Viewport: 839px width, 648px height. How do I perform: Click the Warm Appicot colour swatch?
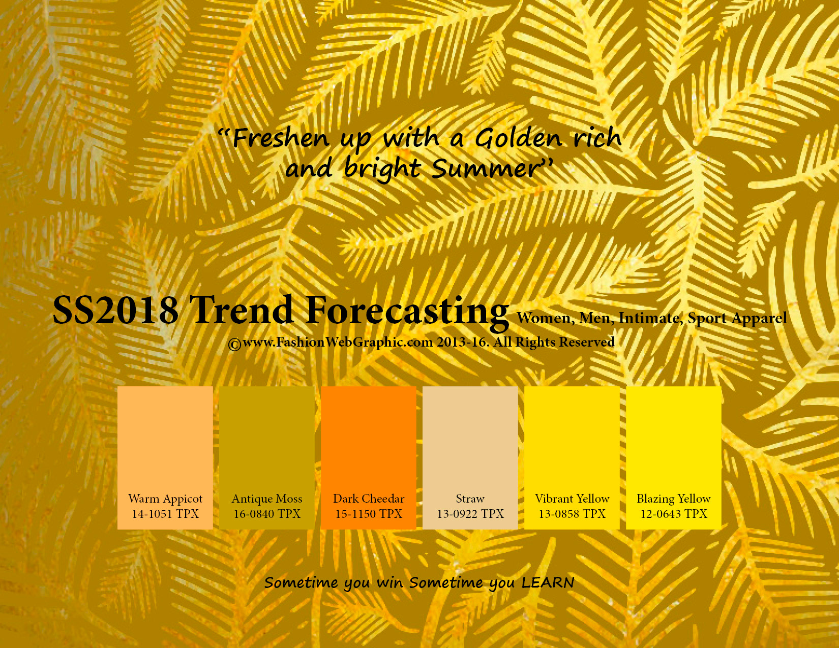point(165,458)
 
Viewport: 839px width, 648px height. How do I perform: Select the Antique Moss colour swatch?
point(267,458)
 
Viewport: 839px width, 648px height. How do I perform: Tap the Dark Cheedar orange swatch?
point(368,458)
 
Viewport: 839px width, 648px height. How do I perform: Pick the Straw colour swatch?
point(470,458)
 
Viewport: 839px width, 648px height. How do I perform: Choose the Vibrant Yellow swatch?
point(572,458)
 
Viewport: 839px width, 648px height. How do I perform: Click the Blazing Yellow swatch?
point(674,458)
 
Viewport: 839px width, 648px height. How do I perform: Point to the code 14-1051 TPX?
point(165,514)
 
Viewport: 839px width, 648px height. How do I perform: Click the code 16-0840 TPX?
point(267,514)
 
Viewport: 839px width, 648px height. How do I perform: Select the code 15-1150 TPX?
point(369,514)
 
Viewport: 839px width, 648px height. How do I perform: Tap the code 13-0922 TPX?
point(470,514)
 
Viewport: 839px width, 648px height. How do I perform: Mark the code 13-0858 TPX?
point(572,514)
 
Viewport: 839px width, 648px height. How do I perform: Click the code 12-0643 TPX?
point(674,514)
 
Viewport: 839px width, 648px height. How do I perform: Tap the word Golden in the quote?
point(518,138)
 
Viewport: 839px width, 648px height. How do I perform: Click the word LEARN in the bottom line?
point(548,582)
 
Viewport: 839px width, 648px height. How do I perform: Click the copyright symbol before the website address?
point(234,344)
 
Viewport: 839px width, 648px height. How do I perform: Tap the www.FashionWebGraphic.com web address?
point(338,343)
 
